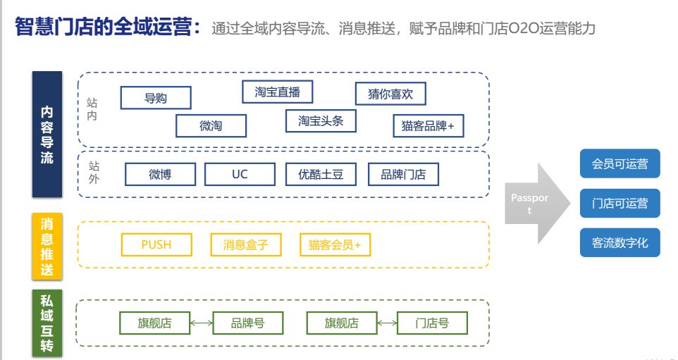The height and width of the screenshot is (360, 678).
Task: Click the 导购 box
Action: coord(156,98)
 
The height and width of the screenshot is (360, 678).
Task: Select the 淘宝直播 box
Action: coord(277,92)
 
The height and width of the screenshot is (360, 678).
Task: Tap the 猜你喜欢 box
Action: coord(390,94)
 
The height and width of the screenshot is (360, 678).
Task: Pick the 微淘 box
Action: coord(211,125)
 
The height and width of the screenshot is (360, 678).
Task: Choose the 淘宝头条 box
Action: coord(321,120)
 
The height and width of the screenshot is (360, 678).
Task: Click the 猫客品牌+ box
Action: coord(428,125)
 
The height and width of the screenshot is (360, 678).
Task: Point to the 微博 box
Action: coord(160,174)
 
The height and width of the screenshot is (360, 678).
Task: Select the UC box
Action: coord(240,174)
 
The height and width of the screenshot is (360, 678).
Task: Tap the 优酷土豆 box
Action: coord(321,174)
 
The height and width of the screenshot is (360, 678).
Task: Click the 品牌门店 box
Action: coord(403,174)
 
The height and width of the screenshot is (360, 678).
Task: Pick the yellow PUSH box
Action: coord(156,244)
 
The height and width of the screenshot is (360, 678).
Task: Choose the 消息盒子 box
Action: coord(246,244)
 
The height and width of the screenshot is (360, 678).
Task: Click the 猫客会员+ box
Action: coord(335,244)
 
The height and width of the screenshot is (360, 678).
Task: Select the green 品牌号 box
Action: coord(248,323)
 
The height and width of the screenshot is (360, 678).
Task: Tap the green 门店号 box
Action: coord(432,323)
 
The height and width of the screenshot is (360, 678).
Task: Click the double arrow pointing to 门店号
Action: coord(386,323)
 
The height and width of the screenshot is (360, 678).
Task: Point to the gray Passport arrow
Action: coord(534,204)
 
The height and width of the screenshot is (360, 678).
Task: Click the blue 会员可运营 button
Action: coord(620,163)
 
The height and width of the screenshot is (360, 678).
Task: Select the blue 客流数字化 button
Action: coord(620,243)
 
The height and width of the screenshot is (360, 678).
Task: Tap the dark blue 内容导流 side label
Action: coord(47,135)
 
